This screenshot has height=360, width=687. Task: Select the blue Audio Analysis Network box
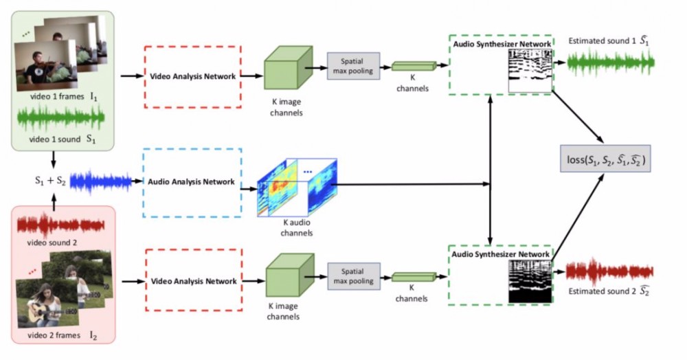[x=192, y=182]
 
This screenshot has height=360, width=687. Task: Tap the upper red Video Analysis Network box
[x=193, y=76]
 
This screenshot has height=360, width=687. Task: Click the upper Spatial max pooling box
[x=353, y=66]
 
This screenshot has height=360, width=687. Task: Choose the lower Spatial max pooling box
[x=353, y=276]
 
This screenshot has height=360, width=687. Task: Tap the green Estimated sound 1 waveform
[x=610, y=64]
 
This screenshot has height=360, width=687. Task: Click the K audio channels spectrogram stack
[x=297, y=187]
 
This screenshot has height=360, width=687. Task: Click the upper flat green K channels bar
[x=414, y=66]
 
